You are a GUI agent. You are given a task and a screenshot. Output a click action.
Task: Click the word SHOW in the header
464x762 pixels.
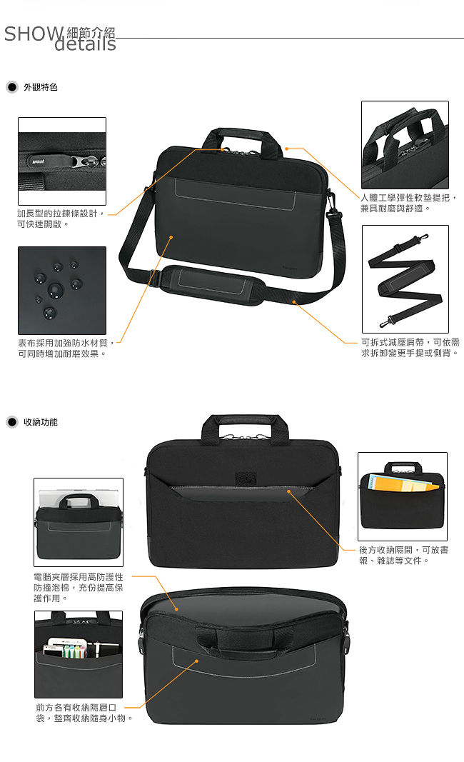pyautogui.click(x=34, y=34)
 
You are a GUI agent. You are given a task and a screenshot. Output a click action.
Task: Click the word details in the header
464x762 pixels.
pyautogui.click(x=85, y=44)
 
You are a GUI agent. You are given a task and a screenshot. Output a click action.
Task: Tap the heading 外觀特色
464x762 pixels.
pyautogui.click(x=41, y=87)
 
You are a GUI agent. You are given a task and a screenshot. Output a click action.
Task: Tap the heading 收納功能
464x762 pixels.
pyautogui.click(x=41, y=422)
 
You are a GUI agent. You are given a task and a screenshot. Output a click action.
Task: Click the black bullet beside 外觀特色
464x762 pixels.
pyautogui.click(x=12, y=87)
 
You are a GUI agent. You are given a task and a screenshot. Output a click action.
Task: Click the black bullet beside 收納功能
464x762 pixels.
pyautogui.click(x=12, y=422)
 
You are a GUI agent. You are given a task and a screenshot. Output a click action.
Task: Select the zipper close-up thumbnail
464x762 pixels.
pyautogui.click(x=61, y=161)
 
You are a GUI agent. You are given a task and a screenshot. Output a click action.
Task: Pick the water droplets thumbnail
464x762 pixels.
pyautogui.click(x=61, y=290)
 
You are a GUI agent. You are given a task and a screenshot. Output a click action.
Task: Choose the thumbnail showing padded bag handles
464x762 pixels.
pyautogui.click(x=405, y=145)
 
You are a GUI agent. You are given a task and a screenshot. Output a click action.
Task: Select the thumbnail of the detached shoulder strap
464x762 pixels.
pyautogui.click(x=405, y=279)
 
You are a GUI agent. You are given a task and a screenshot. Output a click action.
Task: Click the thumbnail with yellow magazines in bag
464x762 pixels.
pyautogui.click(x=403, y=496)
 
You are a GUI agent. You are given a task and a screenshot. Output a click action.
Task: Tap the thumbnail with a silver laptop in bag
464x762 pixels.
pyautogui.click(x=79, y=522)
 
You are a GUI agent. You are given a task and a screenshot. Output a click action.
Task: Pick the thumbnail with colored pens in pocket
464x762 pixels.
pyautogui.click(x=79, y=654)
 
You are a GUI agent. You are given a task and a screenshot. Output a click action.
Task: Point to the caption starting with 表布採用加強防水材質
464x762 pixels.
pyautogui.click(x=66, y=348)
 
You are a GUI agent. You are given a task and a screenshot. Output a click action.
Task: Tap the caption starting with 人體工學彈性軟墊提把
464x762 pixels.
pyautogui.click(x=408, y=203)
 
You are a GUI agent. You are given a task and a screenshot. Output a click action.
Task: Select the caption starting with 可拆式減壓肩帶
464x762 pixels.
pyautogui.click(x=410, y=348)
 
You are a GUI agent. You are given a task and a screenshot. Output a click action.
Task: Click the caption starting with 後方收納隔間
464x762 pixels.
pyautogui.click(x=403, y=555)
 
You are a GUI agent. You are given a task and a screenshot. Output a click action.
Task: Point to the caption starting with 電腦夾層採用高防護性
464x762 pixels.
pyautogui.click(x=79, y=588)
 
